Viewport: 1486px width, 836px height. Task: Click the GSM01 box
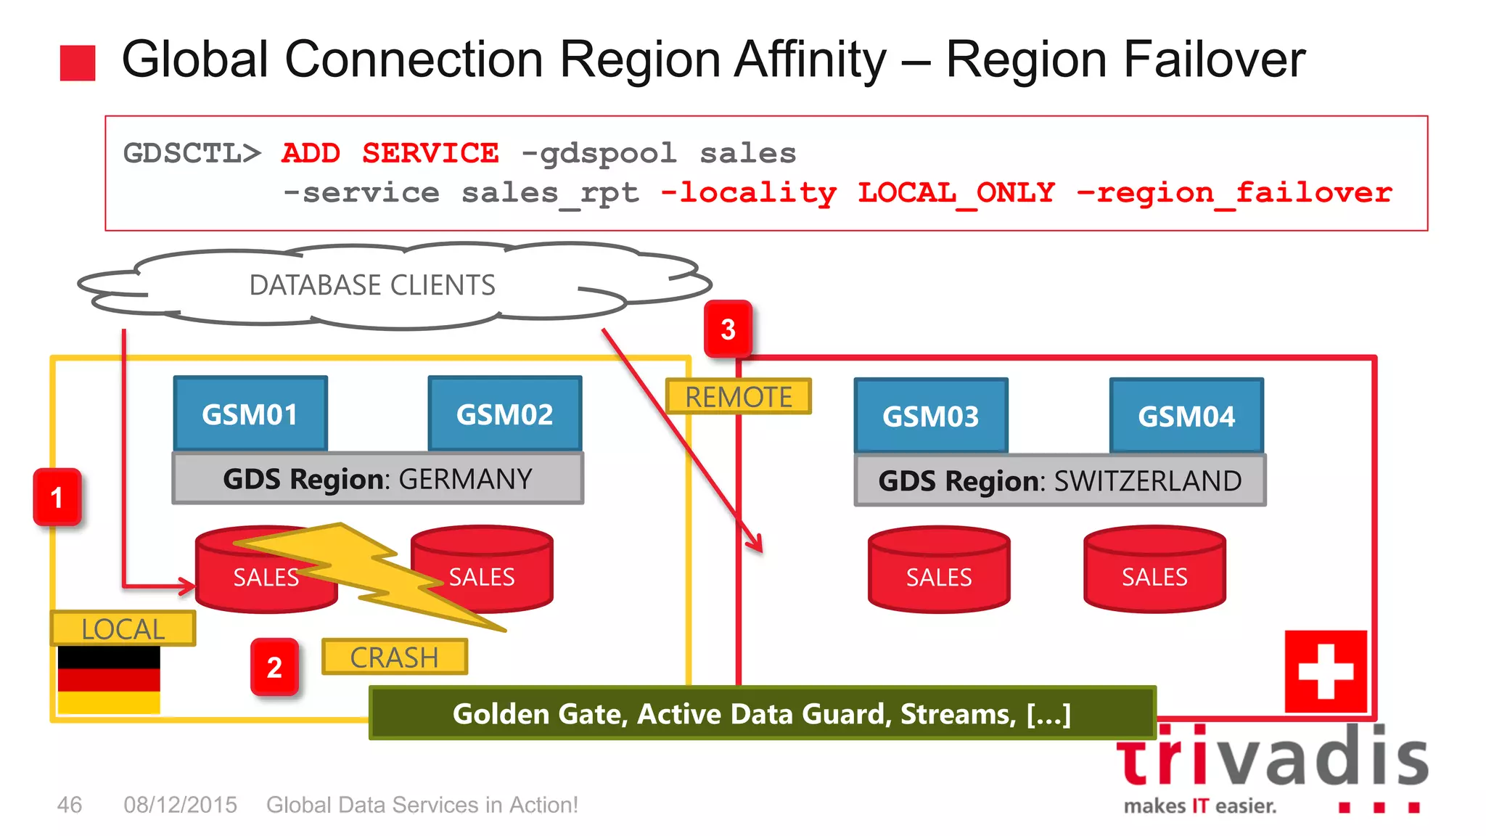[250, 414]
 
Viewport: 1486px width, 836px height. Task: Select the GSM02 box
[505, 414]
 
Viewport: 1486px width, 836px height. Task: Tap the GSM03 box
[931, 417]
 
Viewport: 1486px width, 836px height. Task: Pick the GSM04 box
[1186, 417]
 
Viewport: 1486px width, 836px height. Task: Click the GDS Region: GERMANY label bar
[377, 479]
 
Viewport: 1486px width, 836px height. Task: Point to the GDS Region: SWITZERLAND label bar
[1060, 481]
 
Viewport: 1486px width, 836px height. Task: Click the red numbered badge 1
[57, 498]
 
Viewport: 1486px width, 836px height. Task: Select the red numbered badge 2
[274, 667]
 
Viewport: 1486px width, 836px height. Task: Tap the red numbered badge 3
[728, 329]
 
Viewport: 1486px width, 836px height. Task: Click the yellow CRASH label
[394, 657]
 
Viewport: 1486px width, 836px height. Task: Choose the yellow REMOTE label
[738, 397]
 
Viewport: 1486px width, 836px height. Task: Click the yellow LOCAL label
[123, 628]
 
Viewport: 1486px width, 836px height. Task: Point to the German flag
[109, 680]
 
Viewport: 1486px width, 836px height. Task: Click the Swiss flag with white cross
[1326, 671]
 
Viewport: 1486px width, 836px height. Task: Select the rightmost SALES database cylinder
[1154, 570]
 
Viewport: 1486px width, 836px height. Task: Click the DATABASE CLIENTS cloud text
[372, 285]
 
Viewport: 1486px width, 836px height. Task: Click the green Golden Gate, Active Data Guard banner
[762, 713]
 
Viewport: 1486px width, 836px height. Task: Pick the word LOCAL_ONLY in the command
[956, 193]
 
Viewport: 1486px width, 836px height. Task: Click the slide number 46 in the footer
[70, 805]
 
